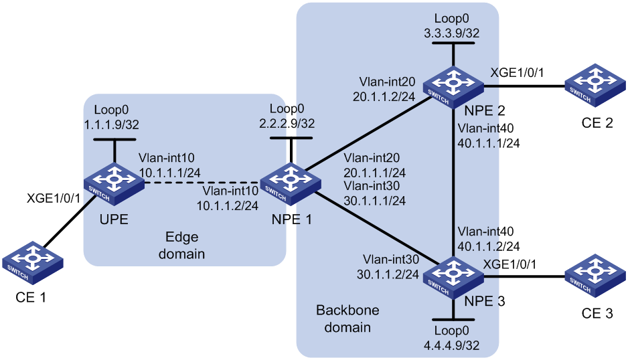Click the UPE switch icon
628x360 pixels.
tap(114, 185)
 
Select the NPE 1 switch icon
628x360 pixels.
tap(291, 184)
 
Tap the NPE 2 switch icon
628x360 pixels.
tap(453, 87)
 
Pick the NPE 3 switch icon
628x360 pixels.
tap(453, 278)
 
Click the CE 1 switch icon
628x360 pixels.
tap(33, 262)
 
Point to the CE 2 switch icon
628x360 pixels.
tap(596, 85)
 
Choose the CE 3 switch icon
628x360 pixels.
tap(596, 276)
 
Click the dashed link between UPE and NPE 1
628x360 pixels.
tap(203, 183)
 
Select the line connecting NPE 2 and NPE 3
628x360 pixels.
tap(453, 183)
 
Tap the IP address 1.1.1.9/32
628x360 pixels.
tap(111, 124)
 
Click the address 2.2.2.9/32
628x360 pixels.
tap(287, 123)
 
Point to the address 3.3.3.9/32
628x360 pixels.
tap(452, 33)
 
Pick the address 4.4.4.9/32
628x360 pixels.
tap(452, 345)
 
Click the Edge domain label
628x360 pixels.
tap(182, 245)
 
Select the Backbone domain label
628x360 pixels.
tap(347, 319)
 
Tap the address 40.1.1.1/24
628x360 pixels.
tap(489, 143)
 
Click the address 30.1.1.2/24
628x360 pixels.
tap(388, 274)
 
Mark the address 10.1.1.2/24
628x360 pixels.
tap(228, 205)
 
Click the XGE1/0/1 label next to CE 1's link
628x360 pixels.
tap(54, 198)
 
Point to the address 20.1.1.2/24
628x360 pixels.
tap(384, 96)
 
